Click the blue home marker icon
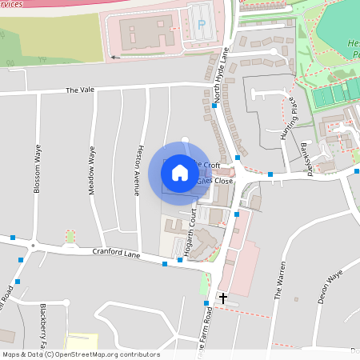coord(180,172)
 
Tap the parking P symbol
coord(202,25)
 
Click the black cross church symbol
coord(222,298)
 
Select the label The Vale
coord(80,90)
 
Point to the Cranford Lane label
coord(116,254)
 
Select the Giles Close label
coord(214,181)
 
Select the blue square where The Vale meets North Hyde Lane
coord(214,105)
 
